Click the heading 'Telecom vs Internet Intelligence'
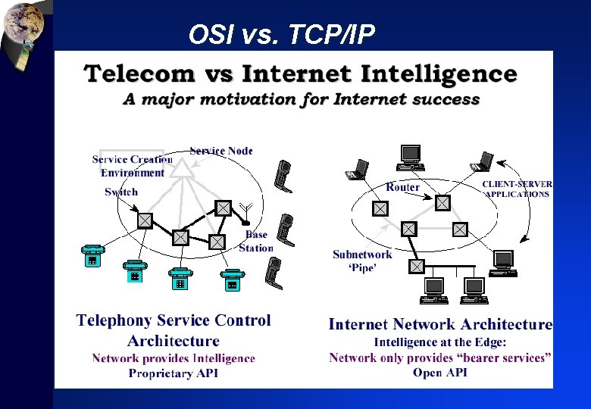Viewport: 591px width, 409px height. (301, 74)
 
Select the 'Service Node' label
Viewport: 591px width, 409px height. (221, 151)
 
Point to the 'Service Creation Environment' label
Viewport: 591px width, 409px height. (132, 166)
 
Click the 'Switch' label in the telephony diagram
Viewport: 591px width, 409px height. (121, 192)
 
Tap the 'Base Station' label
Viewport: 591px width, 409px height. (256, 241)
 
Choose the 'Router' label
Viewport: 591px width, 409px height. (402, 187)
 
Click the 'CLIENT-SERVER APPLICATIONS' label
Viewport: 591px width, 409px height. (518, 189)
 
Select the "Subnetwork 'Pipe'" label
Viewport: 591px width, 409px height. (362, 261)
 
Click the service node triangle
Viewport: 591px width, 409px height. (180, 168)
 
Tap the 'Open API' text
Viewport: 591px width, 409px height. (439, 372)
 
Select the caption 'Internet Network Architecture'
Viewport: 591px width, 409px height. (440, 324)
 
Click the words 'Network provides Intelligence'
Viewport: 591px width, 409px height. (174, 358)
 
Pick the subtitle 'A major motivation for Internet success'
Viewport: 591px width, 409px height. (302, 99)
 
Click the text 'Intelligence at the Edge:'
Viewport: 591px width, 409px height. (439, 342)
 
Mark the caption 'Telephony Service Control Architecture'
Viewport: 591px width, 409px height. (174, 330)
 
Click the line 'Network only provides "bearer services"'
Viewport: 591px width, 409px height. (440, 357)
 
